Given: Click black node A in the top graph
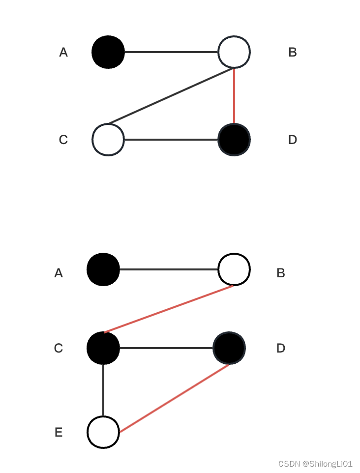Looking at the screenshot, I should [108, 52].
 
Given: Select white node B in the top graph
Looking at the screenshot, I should [234, 52].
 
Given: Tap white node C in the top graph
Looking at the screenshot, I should [108, 140].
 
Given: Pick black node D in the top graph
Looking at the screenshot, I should [234, 140].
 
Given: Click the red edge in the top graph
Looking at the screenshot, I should [234, 96].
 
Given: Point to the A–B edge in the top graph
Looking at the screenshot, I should [171, 52].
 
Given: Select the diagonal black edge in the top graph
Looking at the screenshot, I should [171, 96].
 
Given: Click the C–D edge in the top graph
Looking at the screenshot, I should [171, 140].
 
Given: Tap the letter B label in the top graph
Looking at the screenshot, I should [293, 53].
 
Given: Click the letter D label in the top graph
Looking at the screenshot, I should [293, 140].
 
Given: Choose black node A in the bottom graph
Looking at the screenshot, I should [103, 269].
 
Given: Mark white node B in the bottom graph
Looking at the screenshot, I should [234, 269].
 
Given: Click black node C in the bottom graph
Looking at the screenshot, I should [103, 348].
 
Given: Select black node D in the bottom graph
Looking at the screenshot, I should [229, 348].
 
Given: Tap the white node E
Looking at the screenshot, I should [103, 432].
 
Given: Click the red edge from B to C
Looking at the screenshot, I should [169, 309].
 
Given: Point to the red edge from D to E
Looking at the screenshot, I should [175, 398].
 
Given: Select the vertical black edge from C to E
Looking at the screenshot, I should [103, 390].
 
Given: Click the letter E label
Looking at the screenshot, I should [59, 433].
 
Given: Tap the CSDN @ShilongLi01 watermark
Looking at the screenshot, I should [315, 464].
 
